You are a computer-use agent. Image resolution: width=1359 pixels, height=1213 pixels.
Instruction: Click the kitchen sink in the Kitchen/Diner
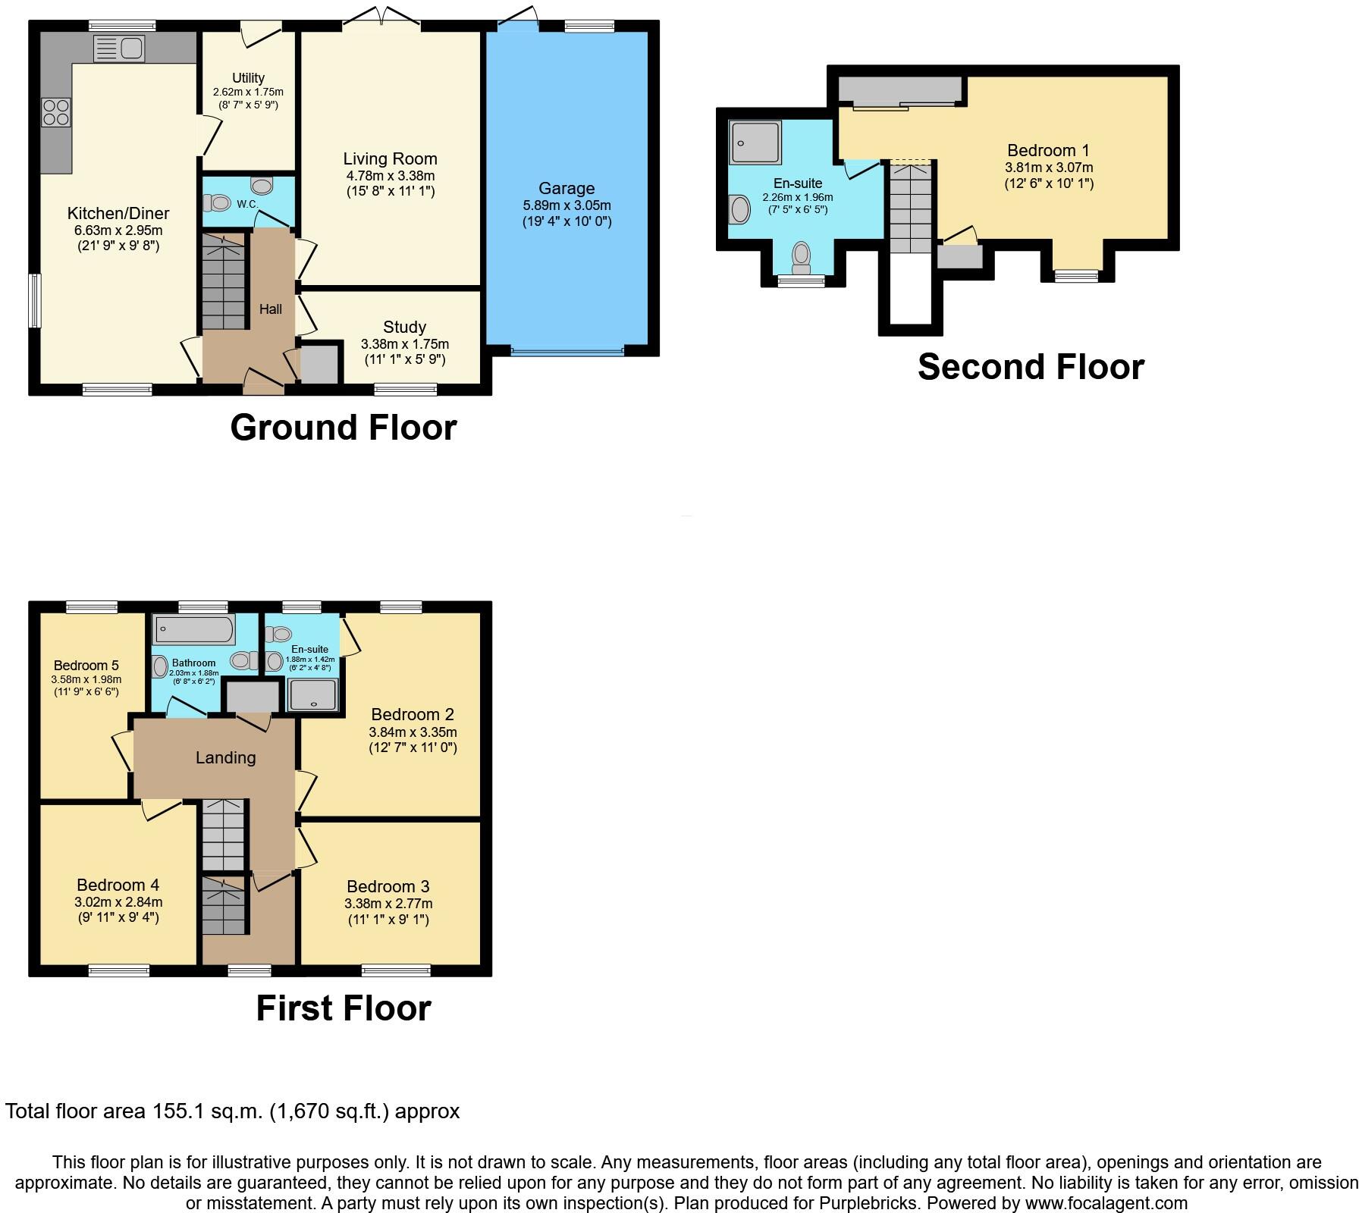click(x=119, y=49)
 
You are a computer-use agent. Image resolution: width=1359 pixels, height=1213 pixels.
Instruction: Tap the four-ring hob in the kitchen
click(x=56, y=112)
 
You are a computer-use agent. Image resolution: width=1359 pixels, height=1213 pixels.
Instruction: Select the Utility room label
click(x=248, y=78)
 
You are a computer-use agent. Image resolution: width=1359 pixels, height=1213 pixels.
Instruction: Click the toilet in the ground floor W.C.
click(x=217, y=202)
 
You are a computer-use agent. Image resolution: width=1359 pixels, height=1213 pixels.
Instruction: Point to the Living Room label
click(x=390, y=159)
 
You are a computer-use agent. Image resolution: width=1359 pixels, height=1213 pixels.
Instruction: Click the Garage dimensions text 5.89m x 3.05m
click(x=567, y=205)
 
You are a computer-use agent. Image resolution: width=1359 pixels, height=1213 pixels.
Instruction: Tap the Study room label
click(x=404, y=328)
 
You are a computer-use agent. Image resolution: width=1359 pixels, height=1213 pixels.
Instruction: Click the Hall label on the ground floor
click(x=271, y=309)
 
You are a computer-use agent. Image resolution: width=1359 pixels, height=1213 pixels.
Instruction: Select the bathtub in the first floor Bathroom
click(x=194, y=629)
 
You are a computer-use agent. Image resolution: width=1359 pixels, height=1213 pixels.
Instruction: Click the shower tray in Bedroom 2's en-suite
click(x=312, y=695)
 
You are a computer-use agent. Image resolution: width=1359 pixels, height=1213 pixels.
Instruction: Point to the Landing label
click(x=225, y=757)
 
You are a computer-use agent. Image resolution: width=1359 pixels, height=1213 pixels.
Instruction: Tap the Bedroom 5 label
click(x=86, y=666)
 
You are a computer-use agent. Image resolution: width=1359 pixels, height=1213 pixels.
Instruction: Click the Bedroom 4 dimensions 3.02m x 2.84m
click(x=118, y=902)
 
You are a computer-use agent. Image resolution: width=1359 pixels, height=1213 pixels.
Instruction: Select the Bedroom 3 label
click(x=388, y=886)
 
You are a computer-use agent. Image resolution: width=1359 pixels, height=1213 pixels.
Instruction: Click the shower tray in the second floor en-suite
click(x=755, y=143)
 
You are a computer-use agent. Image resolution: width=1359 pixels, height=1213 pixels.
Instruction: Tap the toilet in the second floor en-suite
click(x=801, y=258)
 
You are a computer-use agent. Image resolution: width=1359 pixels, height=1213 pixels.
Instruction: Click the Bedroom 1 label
click(x=1048, y=150)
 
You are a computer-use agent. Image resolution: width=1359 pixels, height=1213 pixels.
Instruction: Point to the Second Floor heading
click(x=1030, y=367)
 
